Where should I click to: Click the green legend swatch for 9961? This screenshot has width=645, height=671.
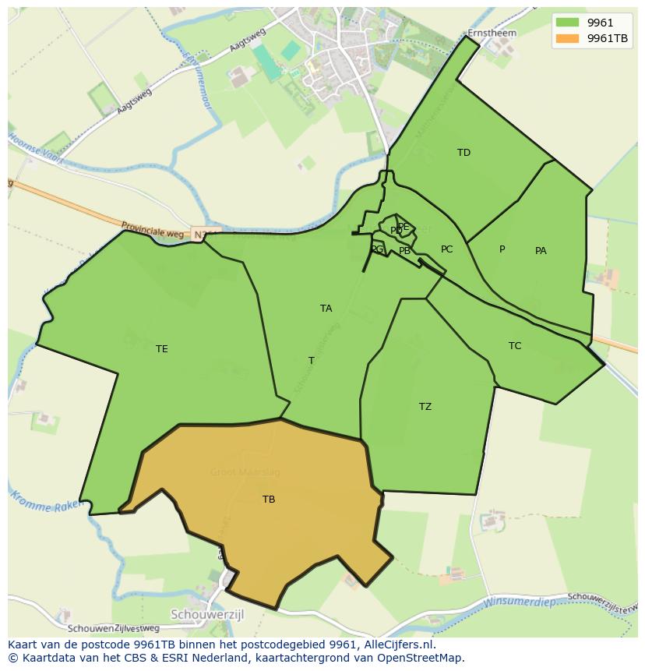(569, 23)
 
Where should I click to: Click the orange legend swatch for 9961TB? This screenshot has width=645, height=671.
(569, 39)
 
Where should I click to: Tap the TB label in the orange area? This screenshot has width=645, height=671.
(269, 500)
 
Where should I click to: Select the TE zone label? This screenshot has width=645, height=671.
(161, 349)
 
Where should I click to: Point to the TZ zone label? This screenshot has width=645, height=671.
(425, 407)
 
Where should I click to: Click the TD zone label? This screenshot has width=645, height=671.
(464, 153)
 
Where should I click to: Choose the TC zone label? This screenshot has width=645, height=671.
(515, 346)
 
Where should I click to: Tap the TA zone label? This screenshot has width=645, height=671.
(326, 309)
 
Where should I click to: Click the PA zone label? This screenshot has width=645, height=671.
(541, 251)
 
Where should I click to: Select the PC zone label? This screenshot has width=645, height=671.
(446, 249)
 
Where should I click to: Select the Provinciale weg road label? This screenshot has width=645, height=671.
(153, 231)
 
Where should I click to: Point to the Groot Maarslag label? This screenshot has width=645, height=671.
(245, 472)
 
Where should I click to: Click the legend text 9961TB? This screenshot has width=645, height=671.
(608, 39)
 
